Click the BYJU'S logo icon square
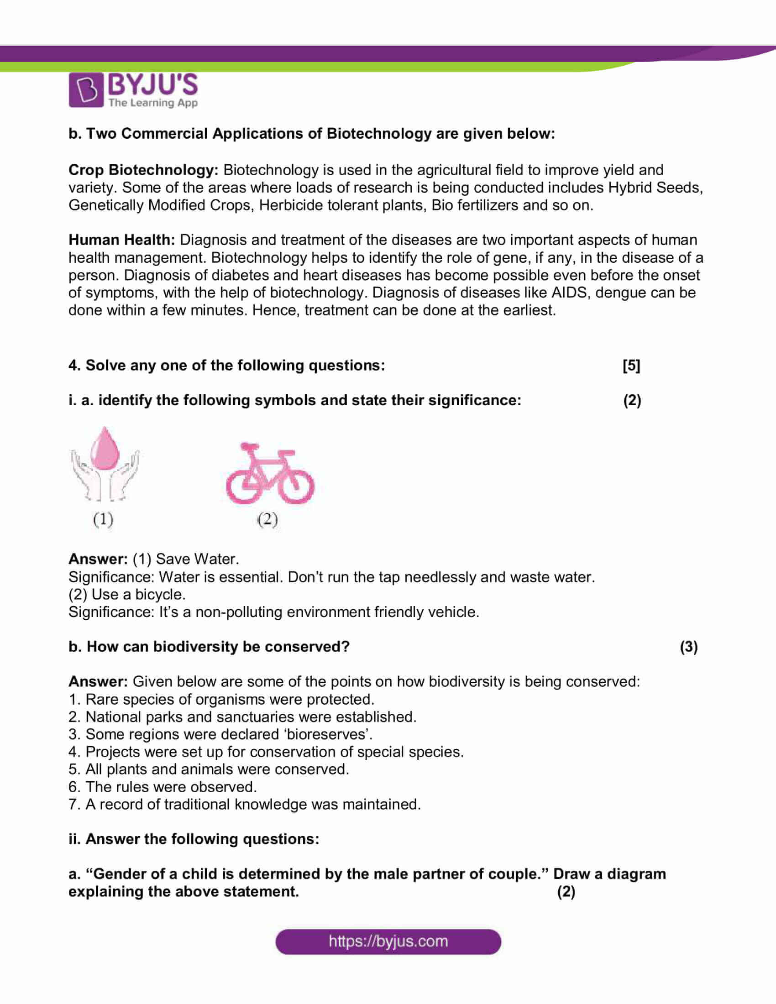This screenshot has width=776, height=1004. click(x=86, y=89)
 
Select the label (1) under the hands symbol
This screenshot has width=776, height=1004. click(x=103, y=519)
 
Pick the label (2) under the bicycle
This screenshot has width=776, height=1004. click(x=267, y=519)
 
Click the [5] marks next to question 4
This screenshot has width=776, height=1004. click(x=631, y=366)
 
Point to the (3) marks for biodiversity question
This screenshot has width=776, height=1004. click(x=689, y=647)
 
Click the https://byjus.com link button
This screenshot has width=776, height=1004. click(x=388, y=941)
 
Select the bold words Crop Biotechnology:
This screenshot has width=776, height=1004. click(x=143, y=170)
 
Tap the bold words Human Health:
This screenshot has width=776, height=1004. click(x=122, y=240)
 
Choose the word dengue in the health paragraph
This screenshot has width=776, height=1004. click(x=618, y=293)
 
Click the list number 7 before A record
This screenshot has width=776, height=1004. click(x=73, y=805)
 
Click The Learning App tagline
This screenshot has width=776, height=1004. click(x=153, y=103)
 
